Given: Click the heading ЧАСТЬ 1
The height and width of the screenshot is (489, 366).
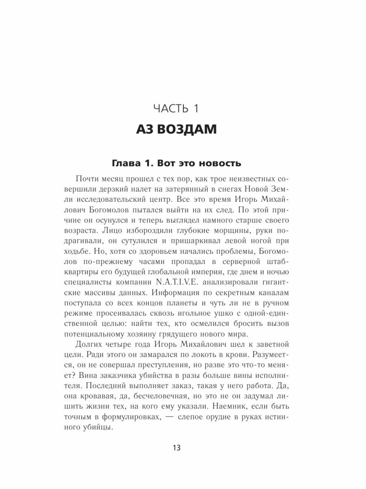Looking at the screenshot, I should [x=183, y=109].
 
